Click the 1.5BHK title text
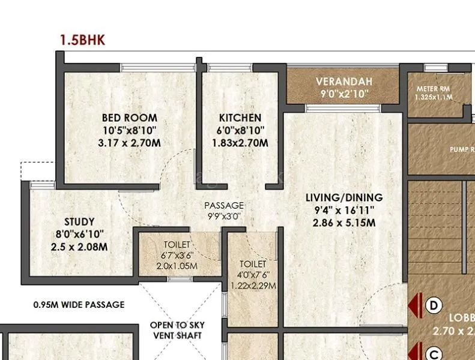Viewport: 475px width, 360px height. [82, 40]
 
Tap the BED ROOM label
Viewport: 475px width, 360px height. [130, 118]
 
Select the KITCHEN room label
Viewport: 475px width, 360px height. [240, 118]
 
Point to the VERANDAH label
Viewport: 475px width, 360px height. [344, 81]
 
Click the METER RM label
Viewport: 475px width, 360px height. [433, 88]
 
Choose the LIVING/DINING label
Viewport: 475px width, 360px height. [344, 197]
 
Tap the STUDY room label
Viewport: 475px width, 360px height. [79, 222]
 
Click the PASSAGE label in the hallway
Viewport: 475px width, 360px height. [224, 205]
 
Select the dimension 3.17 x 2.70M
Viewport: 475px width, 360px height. [129, 143]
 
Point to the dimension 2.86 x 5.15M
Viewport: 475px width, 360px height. [344, 223]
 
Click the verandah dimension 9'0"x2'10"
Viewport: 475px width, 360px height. [344, 94]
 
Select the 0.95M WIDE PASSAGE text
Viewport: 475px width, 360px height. [79, 305]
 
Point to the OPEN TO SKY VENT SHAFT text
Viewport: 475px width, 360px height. [177, 331]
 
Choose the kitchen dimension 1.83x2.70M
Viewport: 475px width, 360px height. [240, 143]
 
